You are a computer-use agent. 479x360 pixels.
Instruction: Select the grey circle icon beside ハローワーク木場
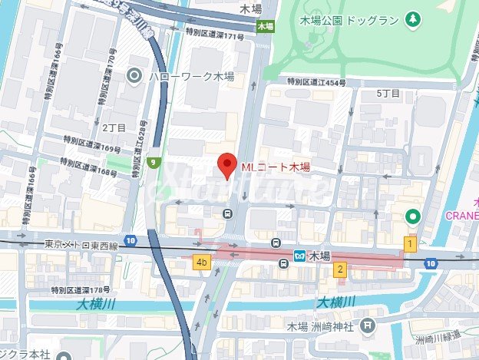click(135, 74)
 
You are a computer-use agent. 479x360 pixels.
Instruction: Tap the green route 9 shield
click(155, 162)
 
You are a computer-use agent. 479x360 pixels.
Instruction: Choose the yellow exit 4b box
click(202, 263)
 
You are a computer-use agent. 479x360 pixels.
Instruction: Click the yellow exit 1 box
click(411, 244)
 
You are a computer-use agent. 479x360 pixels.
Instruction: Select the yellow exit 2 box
click(339, 269)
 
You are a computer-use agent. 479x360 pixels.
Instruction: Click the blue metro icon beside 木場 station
click(302, 255)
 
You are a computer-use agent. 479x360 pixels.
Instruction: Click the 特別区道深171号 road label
click(214, 35)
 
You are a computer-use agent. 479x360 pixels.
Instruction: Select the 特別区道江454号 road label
click(316, 81)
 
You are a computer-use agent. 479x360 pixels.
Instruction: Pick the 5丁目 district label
click(388, 93)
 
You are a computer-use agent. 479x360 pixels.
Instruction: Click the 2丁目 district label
click(113, 126)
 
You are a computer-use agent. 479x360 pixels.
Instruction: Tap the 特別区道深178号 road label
click(81, 290)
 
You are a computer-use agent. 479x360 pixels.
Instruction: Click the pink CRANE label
click(461, 215)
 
